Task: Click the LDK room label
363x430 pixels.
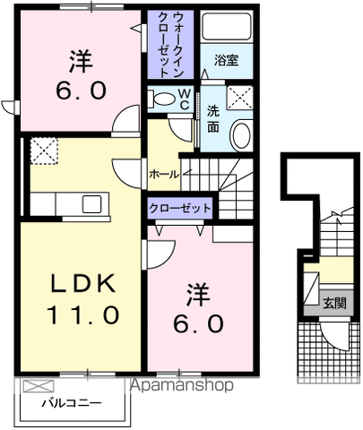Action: [82, 285]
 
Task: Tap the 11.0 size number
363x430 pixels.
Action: [82, 314]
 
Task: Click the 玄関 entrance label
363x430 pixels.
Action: [333, 302]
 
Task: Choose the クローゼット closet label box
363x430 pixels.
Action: [181, 208]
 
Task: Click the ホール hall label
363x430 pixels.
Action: [163, 173]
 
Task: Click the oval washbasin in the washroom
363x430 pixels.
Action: [240, 136]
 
